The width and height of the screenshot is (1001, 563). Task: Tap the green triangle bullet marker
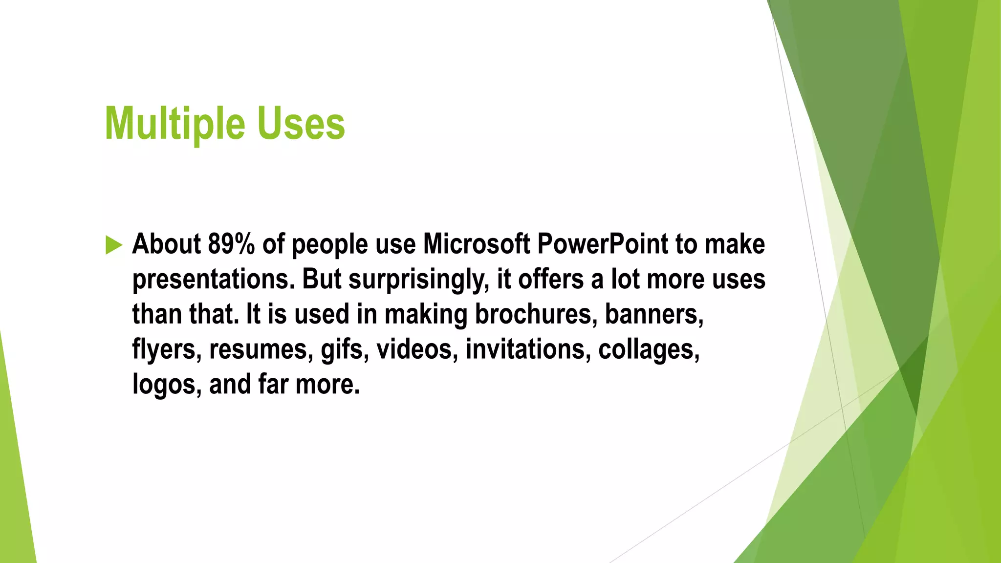(x=113, y=245)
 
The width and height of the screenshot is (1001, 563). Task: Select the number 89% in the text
(x=231, y=244)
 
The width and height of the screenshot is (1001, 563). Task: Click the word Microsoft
(x=476, y=244)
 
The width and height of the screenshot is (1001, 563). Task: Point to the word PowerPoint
(x=602, y=244)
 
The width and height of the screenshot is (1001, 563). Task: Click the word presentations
(x=213, y=280)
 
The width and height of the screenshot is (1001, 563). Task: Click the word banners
(x=654, y=314)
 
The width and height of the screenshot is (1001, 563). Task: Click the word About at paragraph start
(x=166, y=244)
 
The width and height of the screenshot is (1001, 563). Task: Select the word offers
(x=550, y=280)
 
